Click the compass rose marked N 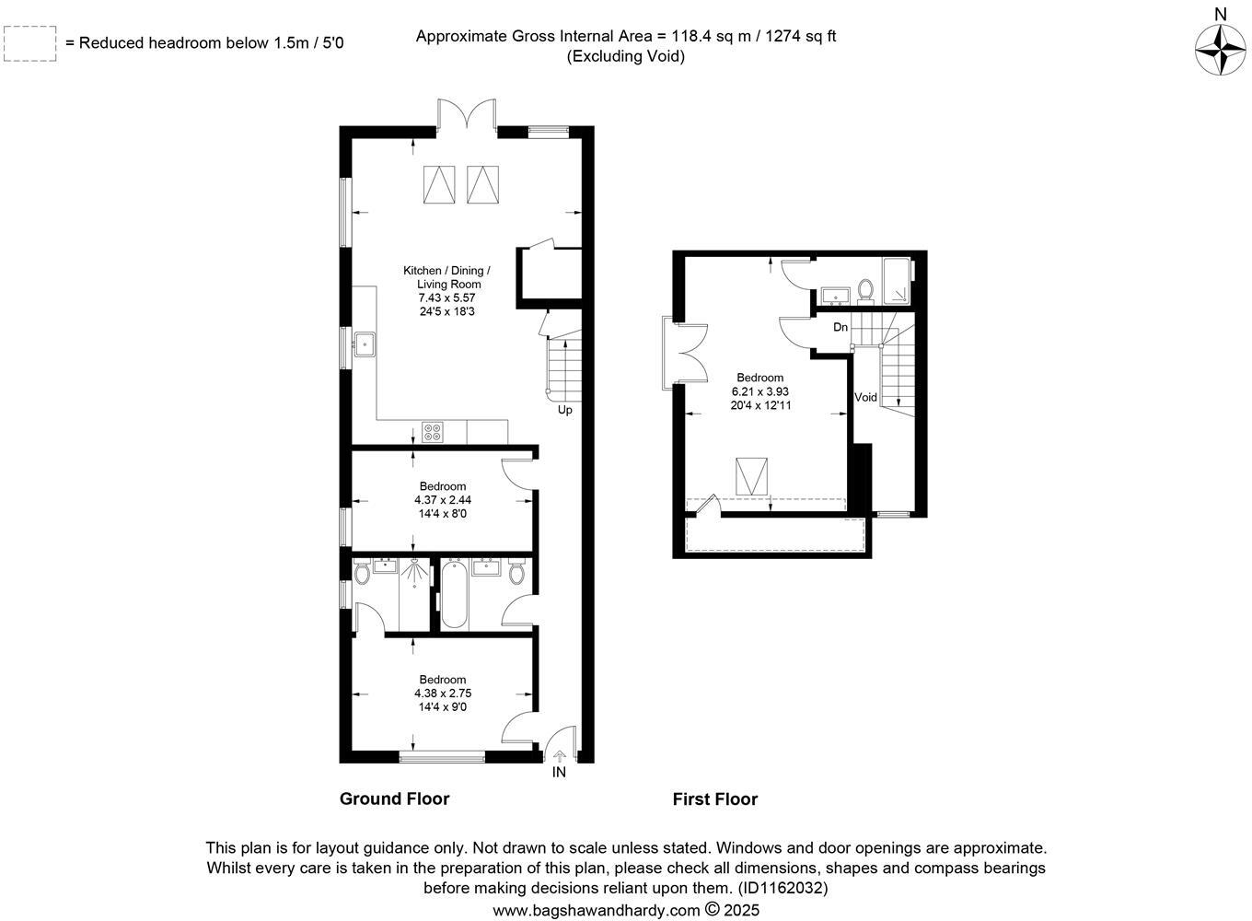pyautogui.click(x=1220, y=49)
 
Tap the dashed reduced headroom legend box pyautogui.click(x=29, y=43)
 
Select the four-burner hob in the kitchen pyautogui.click(x=432, y=431)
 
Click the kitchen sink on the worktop pyautogui.click(x=365, y=345)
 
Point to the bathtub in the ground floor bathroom pyautogui.click(x=454, y=595)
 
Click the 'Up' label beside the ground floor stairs pyautogui.click(x=564, y=410)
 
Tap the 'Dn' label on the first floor pyautogui.click(x=840, y=327)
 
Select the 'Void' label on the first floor pyautogui.click(x=865, y=398)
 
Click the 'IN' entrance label pyautogui.click(x=559, y=773)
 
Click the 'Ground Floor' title pyautogui.click(x=394, y=799)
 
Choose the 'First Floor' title pyautogui.click(x=714, y=799)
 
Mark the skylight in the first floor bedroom pyautogui.click(x=750, y=476)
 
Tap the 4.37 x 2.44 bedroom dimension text pyautogui.click(x=443, y=500)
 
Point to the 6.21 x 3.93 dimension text pyautogui.click(x=760, y=391)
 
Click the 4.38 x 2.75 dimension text pyautogui.click(x=443, y=694)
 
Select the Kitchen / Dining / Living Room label pyautogui.click(x=447, y=277)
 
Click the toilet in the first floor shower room pyautogui.click(x=864, y=290)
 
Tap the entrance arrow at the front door pyautogui.click(x=560, y=755)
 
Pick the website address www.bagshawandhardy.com pyautogui.click(x=597, y=910)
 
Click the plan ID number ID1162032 pyautogui.click(x=782, y=889)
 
